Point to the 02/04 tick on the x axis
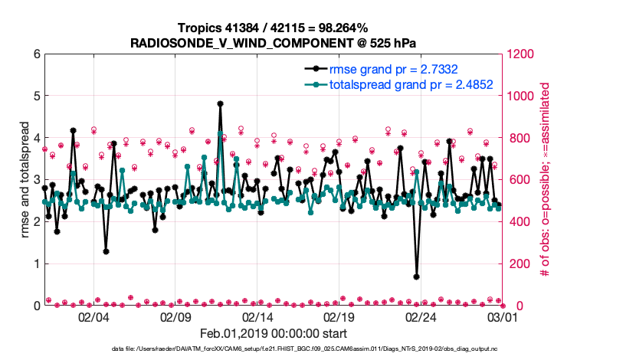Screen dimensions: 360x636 [93, 316]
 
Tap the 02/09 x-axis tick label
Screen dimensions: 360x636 [175, 316]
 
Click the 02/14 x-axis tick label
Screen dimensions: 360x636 [257, 316]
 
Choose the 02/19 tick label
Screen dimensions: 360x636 [339, 316]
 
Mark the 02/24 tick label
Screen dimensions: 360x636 [421, 316]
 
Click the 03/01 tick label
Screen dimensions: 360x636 [502, 316]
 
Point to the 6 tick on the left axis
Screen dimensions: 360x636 [36, 54]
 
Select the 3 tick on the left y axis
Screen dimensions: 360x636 [36, 180]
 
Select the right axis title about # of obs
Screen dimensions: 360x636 [546, 180]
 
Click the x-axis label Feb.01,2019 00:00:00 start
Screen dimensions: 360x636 [273, 333]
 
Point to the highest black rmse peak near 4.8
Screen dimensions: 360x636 [220, 103]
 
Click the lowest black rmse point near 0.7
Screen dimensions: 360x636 [416, 277]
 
